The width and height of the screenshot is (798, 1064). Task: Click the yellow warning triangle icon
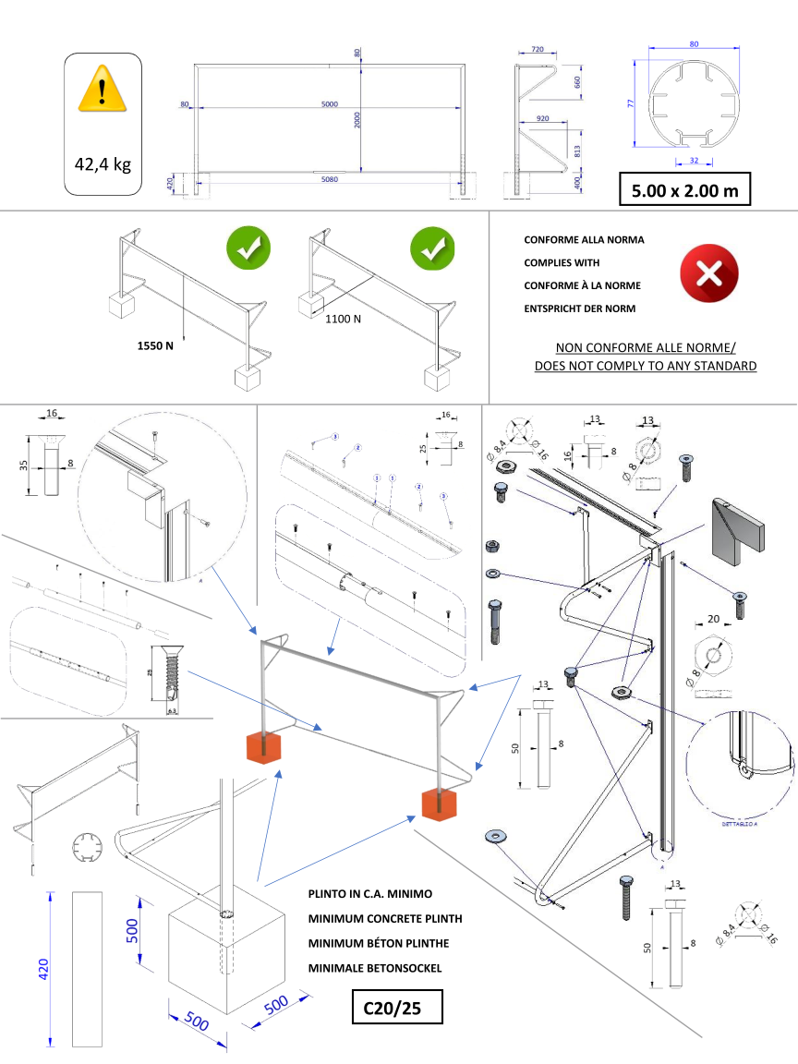point(103,91)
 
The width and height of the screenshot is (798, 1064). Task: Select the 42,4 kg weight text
point(103,164)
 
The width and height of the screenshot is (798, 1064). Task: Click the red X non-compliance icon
point(708,273)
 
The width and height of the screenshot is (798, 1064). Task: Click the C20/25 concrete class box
point(397,1008)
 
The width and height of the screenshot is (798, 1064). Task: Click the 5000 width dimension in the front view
point(329,104)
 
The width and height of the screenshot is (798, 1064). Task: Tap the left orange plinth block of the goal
point(266,748)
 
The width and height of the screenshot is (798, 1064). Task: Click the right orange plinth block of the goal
point(440,804)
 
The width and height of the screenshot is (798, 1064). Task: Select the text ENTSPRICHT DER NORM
point(580,308)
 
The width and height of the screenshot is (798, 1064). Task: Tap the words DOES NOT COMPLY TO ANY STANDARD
point(646,366)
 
